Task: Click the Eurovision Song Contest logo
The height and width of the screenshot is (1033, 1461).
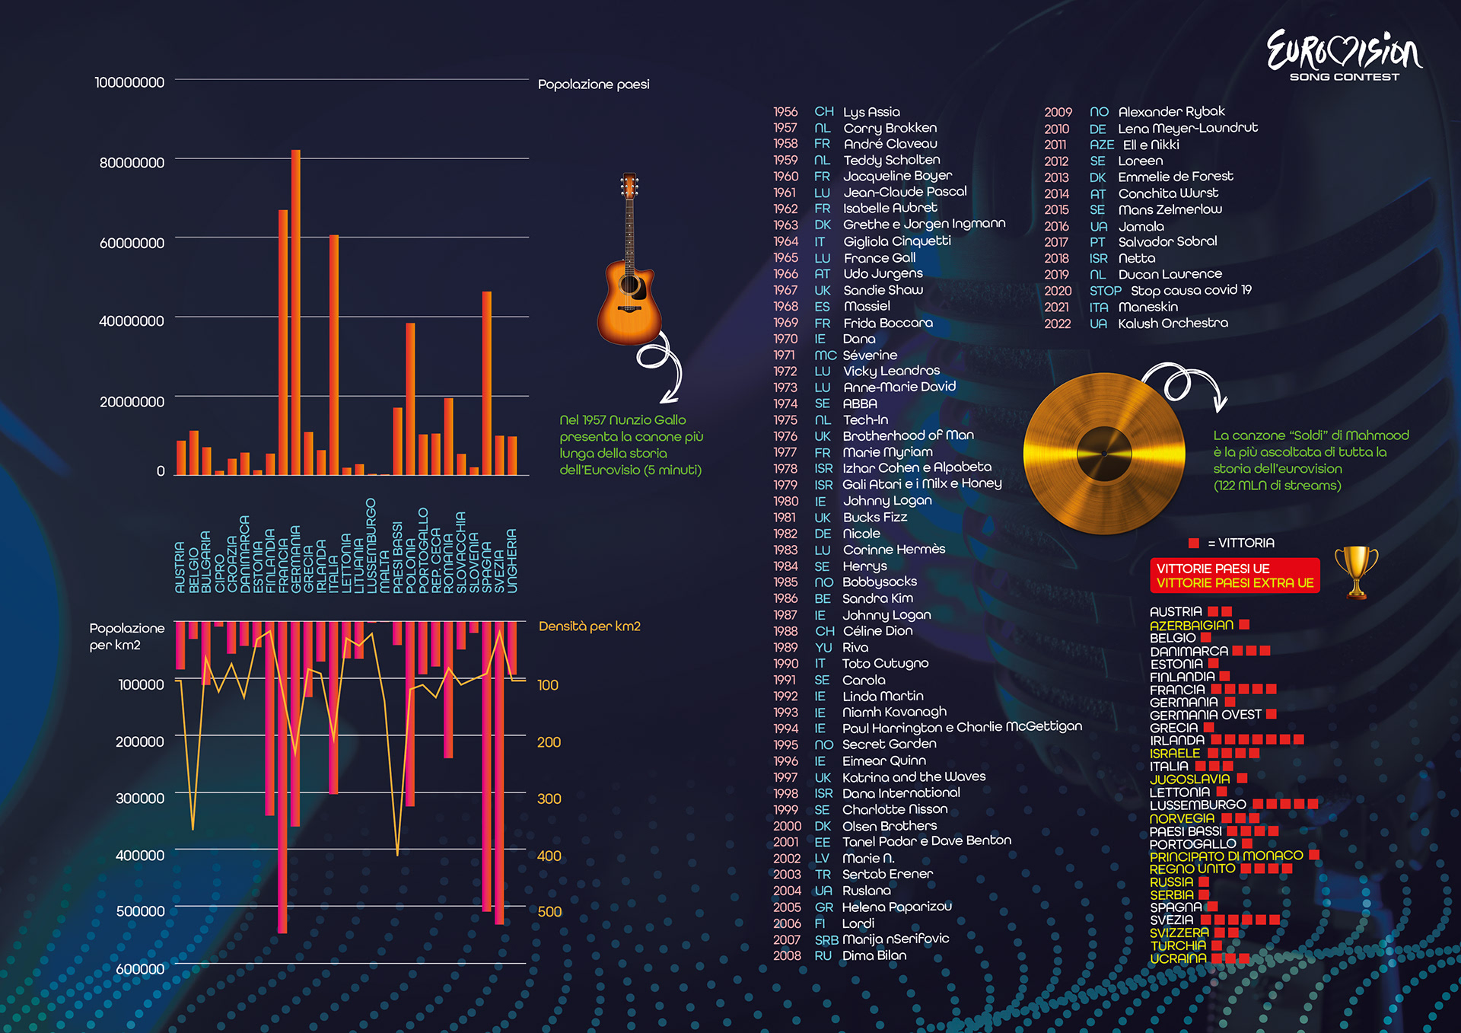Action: tap(1344, 55)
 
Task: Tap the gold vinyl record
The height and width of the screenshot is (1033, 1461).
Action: tap(1103, 453)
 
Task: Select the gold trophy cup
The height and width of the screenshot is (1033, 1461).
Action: tap(1356, 571)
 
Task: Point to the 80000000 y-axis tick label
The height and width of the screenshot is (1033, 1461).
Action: tap(132, 163)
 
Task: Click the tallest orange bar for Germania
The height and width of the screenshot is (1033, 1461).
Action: tap(296, 312)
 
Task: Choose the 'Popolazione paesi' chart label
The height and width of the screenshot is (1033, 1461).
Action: tap(594, 84)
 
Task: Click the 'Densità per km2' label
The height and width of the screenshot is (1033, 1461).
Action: tap(590, 626)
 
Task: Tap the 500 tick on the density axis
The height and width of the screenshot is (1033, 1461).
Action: tap(549, 912)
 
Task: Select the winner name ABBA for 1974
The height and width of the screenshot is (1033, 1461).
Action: tap(860, 403)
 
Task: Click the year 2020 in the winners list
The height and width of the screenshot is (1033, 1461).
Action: tap(1058, 291)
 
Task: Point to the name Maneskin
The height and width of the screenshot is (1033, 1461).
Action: tap(1147, 307)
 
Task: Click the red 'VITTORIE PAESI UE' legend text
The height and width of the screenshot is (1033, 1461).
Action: tap(1213, 569)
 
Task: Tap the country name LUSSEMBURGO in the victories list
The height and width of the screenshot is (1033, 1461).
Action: tap(1198, 805)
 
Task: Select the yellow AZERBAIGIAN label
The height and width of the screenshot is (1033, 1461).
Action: tap(1191, 625)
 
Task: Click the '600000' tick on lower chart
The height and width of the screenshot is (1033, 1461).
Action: tap(140, 969)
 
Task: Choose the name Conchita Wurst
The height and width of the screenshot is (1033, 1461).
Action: tap(1168, 193)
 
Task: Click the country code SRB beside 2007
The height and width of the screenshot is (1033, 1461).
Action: tap(826, 940)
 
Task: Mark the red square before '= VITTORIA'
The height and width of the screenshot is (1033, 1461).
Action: tap(1193, 543)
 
